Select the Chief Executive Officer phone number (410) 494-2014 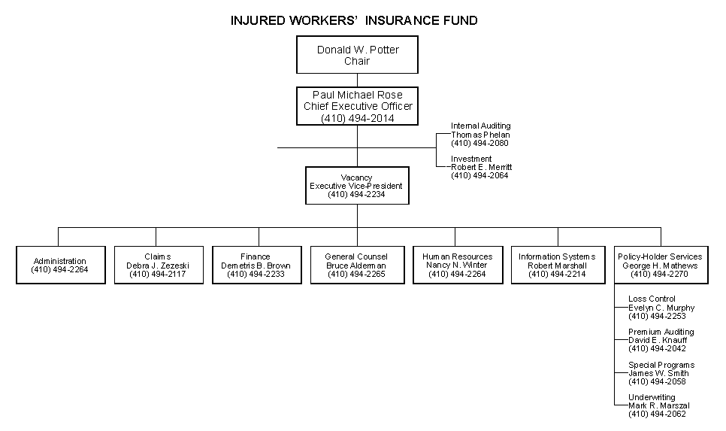(358, 118)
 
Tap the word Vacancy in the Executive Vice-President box (356, 178)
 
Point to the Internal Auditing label (480, 126)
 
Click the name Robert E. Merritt (482, 167)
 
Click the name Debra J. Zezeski (158, 266)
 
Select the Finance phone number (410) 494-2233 (256, 274)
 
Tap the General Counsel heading (356, 256)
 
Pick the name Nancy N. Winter (457, 265)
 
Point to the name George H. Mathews (660, 266)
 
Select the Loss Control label (652, 299)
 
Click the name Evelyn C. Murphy (661, 308)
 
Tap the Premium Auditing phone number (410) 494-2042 (657, 348)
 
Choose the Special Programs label (661, 366)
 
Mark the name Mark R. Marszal (659, 406)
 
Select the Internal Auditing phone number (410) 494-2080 (479, 143)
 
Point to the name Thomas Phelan (480, 135)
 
